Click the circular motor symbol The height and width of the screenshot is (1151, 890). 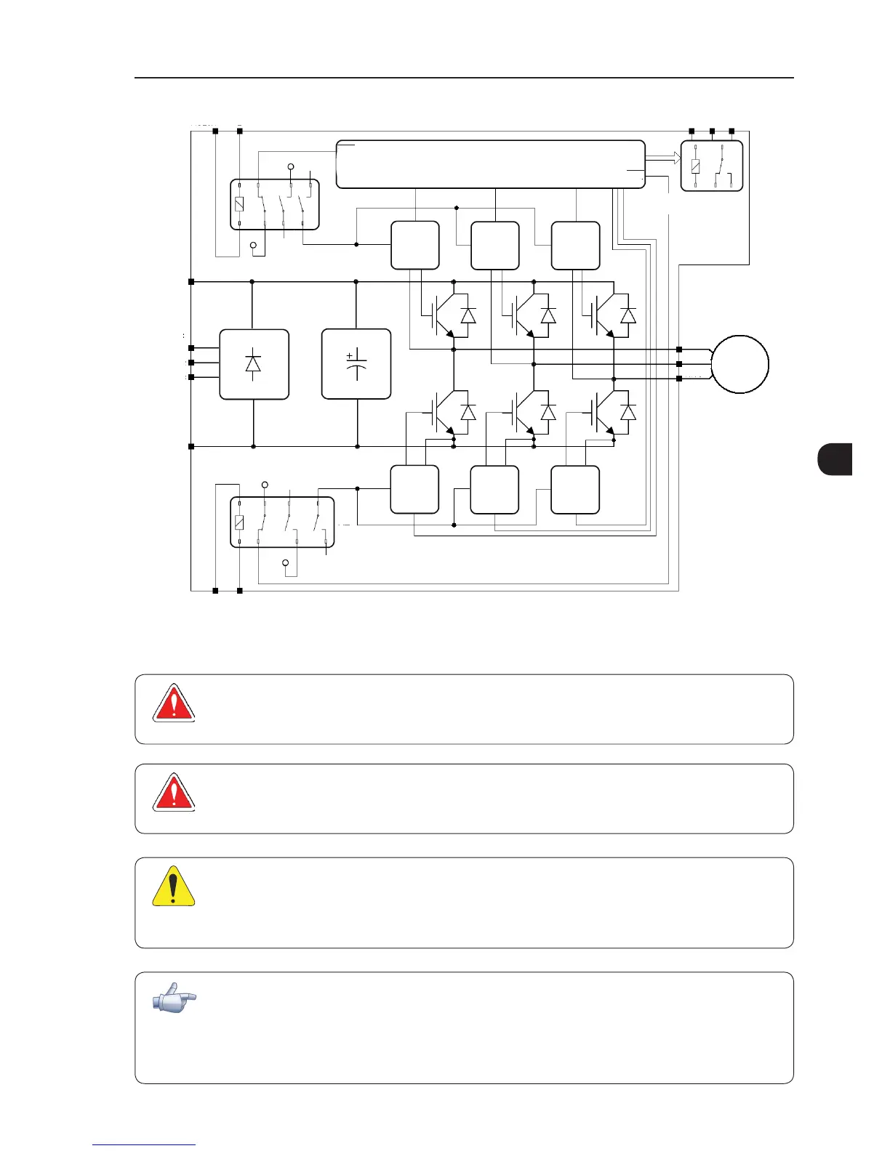[739, 364]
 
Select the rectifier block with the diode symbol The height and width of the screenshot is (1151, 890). [254, 364]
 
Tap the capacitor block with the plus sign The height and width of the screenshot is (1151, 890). [356, 364]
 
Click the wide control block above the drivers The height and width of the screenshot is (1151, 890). [491, 164]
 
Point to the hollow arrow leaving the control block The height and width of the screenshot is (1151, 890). [662, 158]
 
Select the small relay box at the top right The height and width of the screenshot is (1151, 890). [711, 166]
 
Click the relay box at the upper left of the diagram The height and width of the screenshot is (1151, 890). [275, 204]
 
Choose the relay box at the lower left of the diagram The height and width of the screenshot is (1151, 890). [282, 522]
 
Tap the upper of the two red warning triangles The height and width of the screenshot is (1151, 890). [173, 703]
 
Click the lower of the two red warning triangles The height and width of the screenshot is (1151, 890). [173, 793]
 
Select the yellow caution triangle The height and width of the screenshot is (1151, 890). [173, 887]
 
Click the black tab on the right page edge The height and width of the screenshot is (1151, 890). [835, 459]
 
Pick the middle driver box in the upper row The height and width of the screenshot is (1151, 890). [495, 246]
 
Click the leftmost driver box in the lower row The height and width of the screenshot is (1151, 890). [414, 489]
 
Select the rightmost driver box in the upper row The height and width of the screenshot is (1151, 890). [576, 246]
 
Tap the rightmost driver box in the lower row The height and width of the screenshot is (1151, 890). [575, 489]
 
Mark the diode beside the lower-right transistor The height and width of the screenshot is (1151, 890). [628, 412]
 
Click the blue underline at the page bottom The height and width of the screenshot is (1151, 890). [144, 1146]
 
